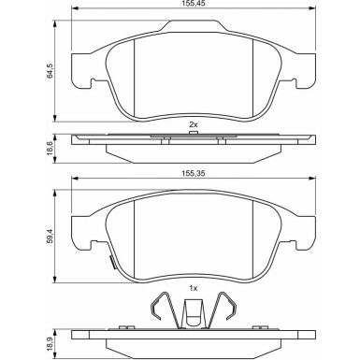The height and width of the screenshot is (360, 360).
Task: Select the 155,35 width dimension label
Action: [194, 173]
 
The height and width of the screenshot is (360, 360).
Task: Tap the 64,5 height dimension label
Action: [50, 71]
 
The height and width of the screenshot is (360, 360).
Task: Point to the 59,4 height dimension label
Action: [50, 237]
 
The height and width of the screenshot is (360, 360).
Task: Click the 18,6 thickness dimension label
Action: [50, 149]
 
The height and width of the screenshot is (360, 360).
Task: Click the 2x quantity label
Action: [194, 125]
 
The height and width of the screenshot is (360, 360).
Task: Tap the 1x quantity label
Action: [194, 288]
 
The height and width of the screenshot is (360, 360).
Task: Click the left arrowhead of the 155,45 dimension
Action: [75, 8]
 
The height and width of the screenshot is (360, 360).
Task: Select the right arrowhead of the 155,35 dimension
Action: [312, 179]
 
